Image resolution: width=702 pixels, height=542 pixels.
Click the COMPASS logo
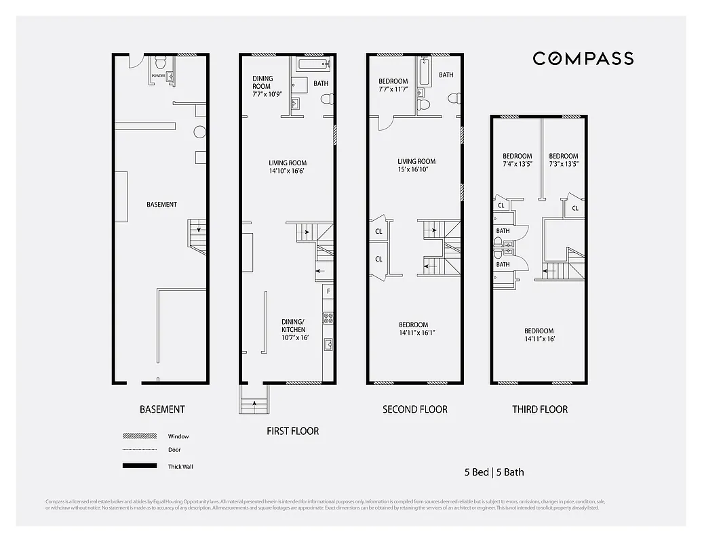pyautogui.click(x=583, y=58)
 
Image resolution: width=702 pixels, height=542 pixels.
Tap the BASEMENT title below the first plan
pyautogui.click(x=162, y=409)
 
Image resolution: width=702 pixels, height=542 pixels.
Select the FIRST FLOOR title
pyautogui.click(x=292, y=431)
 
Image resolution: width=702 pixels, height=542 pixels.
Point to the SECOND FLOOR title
pyautogui.click(x=415, y=409)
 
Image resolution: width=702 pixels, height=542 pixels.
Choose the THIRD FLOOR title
pyautogui.click(x=540, y=409)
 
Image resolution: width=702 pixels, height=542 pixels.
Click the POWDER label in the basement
pyautogui.click(x=158, y=76)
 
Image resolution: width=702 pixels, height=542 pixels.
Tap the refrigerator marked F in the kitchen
pyautogui.click(x=328, y=291)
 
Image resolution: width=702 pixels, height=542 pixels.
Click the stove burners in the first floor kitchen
pyautogui.click(x=328, y=317)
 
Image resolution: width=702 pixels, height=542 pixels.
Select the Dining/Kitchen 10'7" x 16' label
pyautogui.click(x=294, y=329)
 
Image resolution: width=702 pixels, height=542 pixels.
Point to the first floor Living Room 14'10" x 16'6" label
pyautogui.click(x=288, y=167)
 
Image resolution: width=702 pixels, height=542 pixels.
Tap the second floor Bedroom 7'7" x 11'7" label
pyautogui.click(x=393, y=85)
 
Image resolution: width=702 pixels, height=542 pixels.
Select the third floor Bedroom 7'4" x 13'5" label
pyautogui.click(x=517, y=160)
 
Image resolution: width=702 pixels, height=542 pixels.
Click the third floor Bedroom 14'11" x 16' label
pyautogui.click(x=539, y=335)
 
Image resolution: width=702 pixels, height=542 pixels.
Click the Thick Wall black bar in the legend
pyautogui.click(x=136, y=466)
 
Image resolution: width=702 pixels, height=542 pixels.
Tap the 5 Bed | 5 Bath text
pyautogui.click(x=494, y=472)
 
